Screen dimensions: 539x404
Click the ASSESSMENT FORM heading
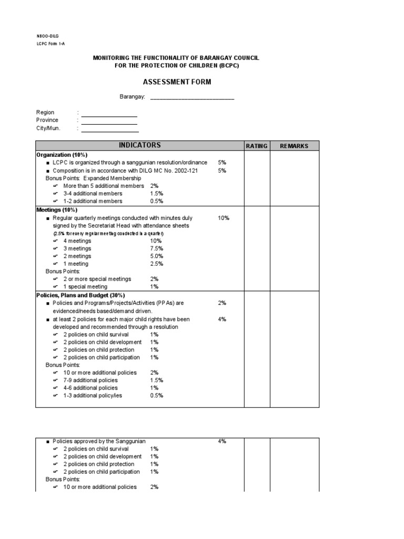click(177, 83)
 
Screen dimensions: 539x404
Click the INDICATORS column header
click(140, 146)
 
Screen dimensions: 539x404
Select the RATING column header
click(257, 146)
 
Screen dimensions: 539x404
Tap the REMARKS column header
click(294, 146)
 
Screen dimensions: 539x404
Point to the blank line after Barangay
click(193, 98)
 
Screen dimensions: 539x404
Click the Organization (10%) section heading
click(61, 155)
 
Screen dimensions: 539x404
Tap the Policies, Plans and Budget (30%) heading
click(80, 295)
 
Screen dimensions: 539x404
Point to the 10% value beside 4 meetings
click(156, 241)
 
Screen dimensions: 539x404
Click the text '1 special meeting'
click(85, 287)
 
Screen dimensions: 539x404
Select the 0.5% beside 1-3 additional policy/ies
click(157, 395)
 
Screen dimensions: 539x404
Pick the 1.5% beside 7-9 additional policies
click(157, 380)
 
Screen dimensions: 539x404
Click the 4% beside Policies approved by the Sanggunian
click(222, 441)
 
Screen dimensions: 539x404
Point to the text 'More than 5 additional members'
click(104, 186)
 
